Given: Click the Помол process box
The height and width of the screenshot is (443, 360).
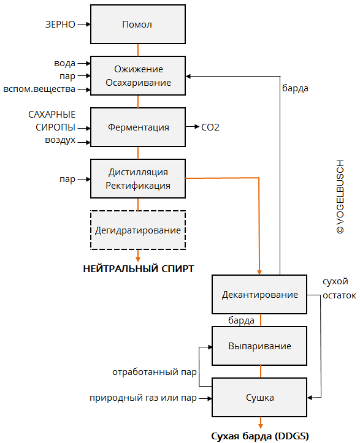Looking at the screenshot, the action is [x=138, y=25].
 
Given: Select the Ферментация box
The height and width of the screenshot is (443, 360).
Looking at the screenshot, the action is [x=138, y=127].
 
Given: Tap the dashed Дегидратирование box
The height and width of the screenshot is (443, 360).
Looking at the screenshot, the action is [x=138, y=230].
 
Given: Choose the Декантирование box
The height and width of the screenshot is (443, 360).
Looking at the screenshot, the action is [x=259, y=294].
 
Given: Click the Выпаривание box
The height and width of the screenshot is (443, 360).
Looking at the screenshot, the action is [x=259, y=346].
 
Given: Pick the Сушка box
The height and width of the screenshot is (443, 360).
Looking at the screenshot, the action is [x=259, y=397].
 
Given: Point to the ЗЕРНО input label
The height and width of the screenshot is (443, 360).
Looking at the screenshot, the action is [x=60, y=25].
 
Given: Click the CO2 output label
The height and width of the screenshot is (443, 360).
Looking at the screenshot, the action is [x=210, y=127].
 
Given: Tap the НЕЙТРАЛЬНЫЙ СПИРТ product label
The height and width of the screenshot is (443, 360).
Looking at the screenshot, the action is [x=139, y=269].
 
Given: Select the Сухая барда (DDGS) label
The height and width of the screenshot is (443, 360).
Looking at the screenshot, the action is [x=260, y=436].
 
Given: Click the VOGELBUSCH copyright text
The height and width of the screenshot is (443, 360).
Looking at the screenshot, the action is [x=340, y=197].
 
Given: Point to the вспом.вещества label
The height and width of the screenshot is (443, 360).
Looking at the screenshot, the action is [x=39, y=89].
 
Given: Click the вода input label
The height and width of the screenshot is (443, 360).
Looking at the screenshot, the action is [x=65, y=63].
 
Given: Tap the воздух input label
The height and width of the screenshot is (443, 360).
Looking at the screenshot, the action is [x=60, y=140].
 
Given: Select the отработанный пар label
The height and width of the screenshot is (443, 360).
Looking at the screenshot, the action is [x=155, y=372].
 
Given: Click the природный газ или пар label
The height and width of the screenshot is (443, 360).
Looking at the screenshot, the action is [x=143, y=398].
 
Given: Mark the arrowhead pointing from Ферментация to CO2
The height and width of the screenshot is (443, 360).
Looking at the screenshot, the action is [x=197, y=127].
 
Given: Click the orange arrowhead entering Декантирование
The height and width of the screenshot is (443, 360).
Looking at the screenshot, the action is [x=259, y=272].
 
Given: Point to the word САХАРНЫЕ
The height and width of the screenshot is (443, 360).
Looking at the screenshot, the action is [x=52, y=115].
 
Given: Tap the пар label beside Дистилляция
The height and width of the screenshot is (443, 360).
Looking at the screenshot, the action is [x=67, y=179].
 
